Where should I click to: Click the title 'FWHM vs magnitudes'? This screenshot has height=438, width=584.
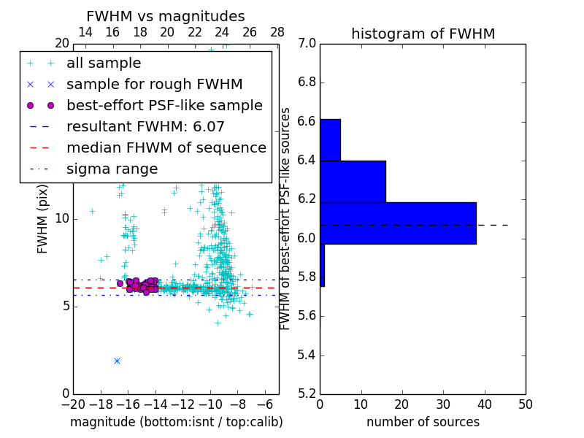(166, 17)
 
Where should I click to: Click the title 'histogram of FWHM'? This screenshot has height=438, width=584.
(423, 34)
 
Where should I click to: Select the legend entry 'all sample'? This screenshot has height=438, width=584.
(104, 64)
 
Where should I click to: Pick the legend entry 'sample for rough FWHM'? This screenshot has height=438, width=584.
(154, 84)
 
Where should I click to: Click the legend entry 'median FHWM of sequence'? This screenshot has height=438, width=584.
(166, 147)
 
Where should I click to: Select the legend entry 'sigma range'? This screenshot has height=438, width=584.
(112, 169)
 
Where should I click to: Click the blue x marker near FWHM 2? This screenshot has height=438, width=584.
(117, 361)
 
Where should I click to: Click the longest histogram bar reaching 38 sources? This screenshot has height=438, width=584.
(398, 223)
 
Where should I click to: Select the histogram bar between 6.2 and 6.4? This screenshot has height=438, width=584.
(353, 181)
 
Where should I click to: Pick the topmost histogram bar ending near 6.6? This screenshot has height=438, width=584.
(330, 139)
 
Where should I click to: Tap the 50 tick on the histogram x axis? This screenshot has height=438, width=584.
(525, 404)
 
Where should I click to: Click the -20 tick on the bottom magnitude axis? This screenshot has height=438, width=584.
(73, 404)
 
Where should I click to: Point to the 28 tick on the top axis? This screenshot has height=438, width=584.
(277, 32)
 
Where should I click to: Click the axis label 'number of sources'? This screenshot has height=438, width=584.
(423, 422)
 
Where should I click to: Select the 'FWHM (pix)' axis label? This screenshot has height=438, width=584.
(43, 218)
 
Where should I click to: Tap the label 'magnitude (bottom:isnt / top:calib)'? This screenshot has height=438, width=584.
(176, 422)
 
